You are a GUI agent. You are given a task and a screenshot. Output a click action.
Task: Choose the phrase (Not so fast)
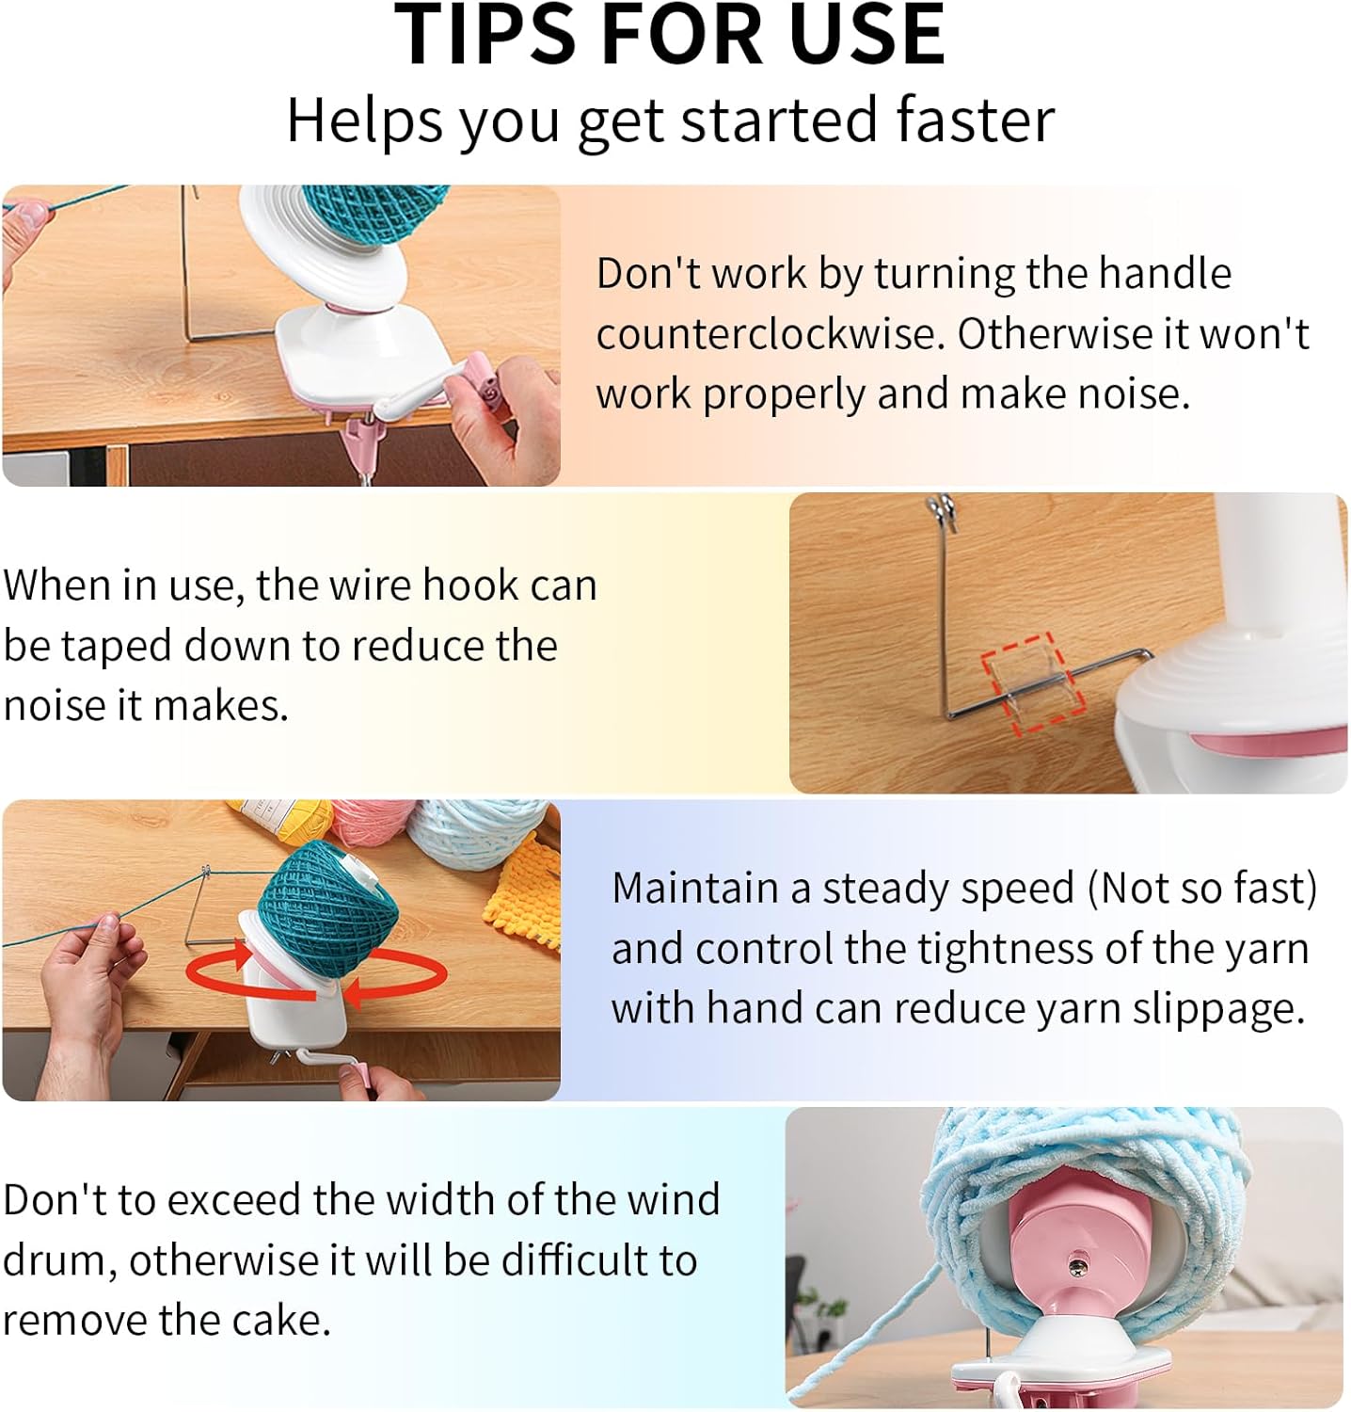point(1202,888)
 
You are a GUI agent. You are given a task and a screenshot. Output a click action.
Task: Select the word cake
point(282,1320)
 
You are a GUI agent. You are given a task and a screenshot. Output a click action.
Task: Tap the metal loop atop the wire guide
point(942,513)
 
